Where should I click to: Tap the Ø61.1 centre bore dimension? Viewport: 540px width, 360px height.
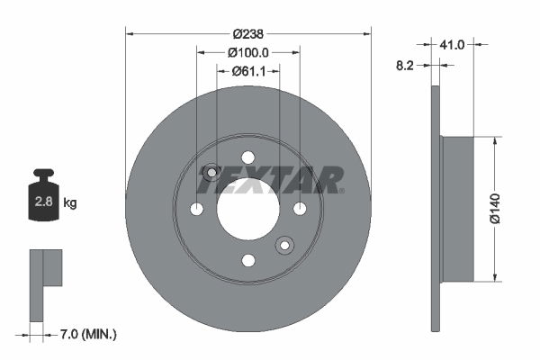[247, 71]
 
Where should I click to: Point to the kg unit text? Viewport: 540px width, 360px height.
[70, 203]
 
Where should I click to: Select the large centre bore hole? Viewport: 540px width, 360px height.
[247, 208]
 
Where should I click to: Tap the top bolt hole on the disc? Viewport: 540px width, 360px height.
[247, 157]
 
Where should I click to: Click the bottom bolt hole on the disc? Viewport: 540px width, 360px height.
[247, 260]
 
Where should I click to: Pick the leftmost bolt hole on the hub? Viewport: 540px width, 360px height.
[196, 208]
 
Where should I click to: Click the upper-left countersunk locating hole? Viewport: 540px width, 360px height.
[211, 172]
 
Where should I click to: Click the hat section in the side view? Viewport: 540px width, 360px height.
[456, 208]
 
